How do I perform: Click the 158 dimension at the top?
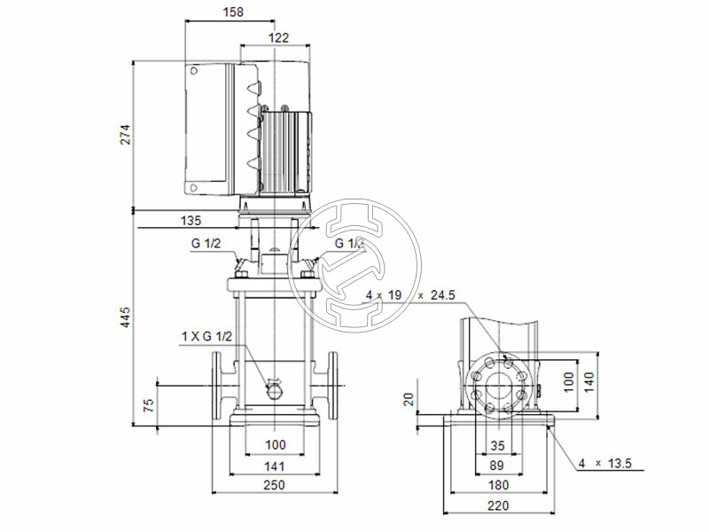235,12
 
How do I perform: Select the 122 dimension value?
278,37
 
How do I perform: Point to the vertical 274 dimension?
126,134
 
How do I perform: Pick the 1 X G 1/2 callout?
206,336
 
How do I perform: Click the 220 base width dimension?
499,506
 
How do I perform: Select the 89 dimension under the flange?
499,465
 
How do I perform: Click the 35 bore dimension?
499,446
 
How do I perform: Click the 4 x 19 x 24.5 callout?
414,294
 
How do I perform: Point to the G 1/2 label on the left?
206,243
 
